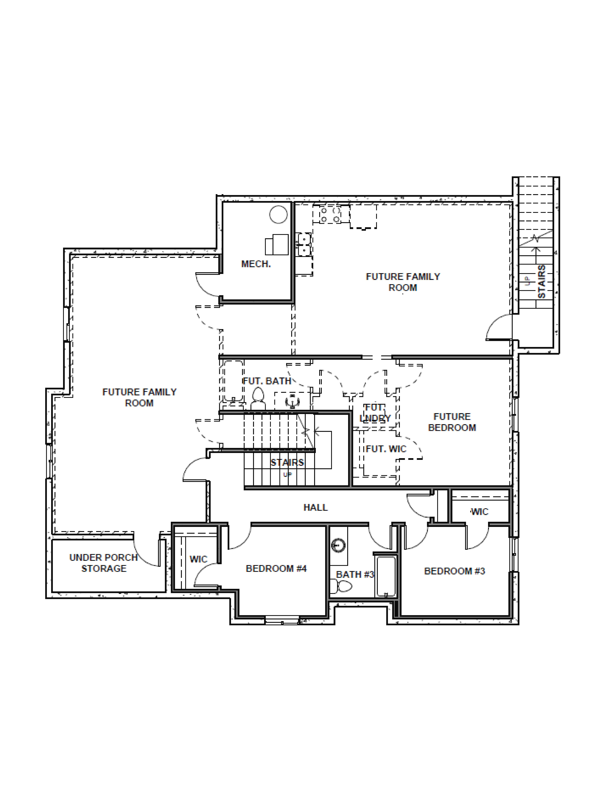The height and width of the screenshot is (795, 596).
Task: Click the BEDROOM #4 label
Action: point(276,569)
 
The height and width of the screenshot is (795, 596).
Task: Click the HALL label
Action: point(315,507)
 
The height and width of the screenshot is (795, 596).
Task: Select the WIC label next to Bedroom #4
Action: point(198,559)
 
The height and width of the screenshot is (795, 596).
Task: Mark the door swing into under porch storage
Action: point(145,553)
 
